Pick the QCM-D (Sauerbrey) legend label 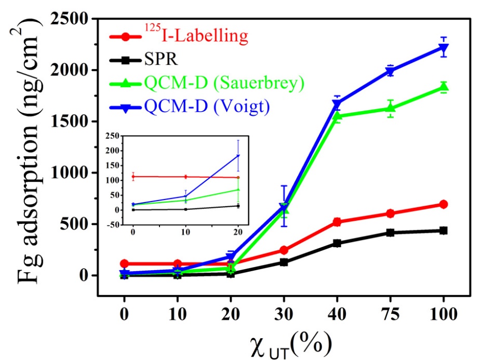(224, 83)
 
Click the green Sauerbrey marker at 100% (443, 87)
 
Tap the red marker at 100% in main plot (443, 204)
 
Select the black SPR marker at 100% (443, 230)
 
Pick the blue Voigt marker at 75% (390, 72)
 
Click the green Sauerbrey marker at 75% (390, 108)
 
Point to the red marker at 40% (337, 222)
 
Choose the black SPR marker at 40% (337, 243)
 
